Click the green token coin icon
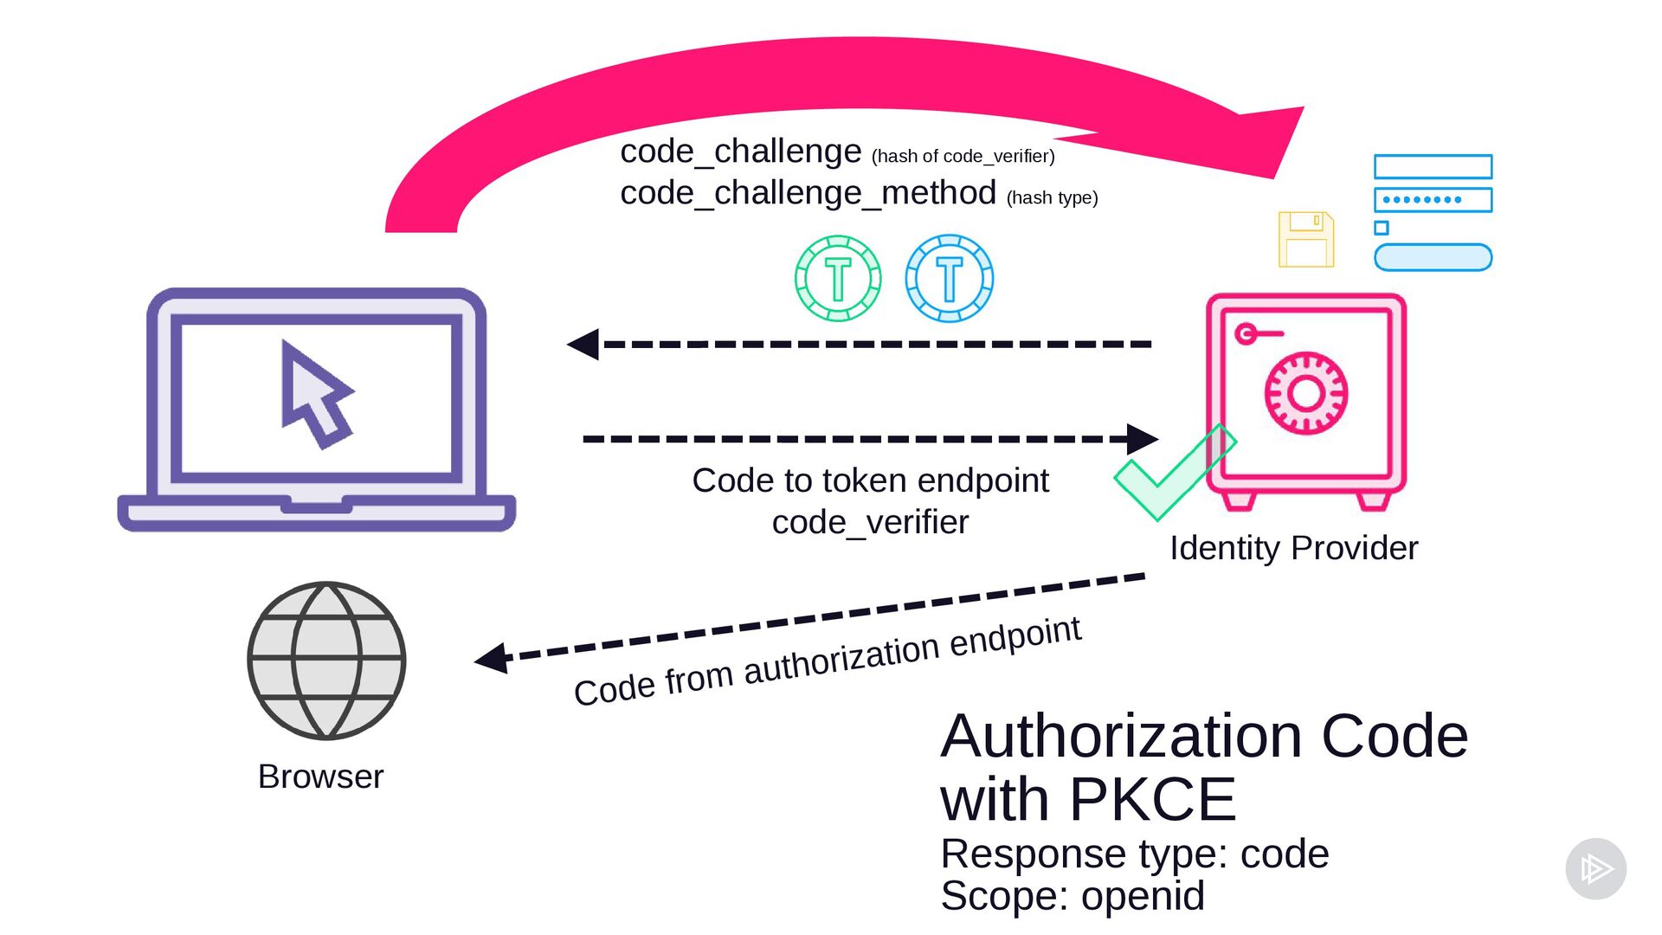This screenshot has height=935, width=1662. click(x=838, y=279)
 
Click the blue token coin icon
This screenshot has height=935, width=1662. click(x=950, y=279)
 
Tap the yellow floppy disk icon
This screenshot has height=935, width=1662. click(x=1306, y=239)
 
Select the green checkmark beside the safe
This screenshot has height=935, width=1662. click(x=1175, y=473)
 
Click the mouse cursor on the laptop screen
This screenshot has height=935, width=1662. click(x=313, y=394)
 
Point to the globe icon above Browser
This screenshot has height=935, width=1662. click(x=326, y=661)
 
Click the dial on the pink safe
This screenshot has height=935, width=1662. click(x=1306, y=393)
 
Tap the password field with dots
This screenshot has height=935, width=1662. click(x=1433, y=200)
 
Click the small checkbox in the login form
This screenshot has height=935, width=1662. click(x=1382, y=229)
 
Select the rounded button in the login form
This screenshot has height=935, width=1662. click(x=1433, y=257)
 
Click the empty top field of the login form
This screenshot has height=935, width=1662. click(x=1433, y=166)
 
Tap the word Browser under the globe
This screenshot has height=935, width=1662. click(x=320, y=777)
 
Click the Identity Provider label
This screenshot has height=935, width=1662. click(x=1294, y=548)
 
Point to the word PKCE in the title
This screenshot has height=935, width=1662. click(x=1153, y=799)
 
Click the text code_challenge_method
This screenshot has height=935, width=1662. click(x=808, y=193)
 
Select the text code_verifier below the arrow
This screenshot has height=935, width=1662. click(x=870, y=523)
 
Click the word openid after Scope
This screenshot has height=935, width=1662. click(x=1143, y=896)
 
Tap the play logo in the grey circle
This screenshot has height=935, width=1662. click(x=1596, y=868)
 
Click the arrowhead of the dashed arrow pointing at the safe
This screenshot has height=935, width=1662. click(x=1143, y=439)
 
